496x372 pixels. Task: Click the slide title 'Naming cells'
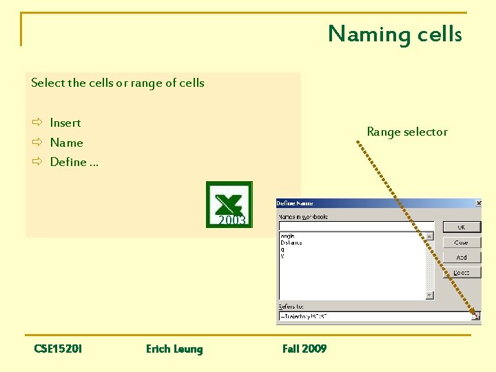(x=395, y=34)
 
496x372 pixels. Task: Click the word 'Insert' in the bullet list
(x=65, y=123)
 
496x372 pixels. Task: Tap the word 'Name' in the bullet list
(x=66, y=143)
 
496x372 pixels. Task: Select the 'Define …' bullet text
(x=74, y=162)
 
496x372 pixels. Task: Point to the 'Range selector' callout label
(x=407, y=132)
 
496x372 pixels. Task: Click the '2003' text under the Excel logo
(x=232, y=220)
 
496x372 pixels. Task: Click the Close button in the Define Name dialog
(x=461, y=242)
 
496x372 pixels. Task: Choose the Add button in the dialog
(x=461, y=258)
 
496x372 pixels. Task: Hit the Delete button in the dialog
(x=461, y=273)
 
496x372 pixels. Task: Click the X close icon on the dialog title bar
(x=478, y=203)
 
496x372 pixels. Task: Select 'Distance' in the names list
(x=291, y=242)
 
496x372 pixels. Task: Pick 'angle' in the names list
(x=287, y=236)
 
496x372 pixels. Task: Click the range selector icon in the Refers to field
(x=475, y=316)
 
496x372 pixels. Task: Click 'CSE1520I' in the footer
(x=58, y=349)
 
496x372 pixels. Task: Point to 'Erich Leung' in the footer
(x=174, y=349)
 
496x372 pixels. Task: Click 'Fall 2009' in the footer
(x=304, y=349)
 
